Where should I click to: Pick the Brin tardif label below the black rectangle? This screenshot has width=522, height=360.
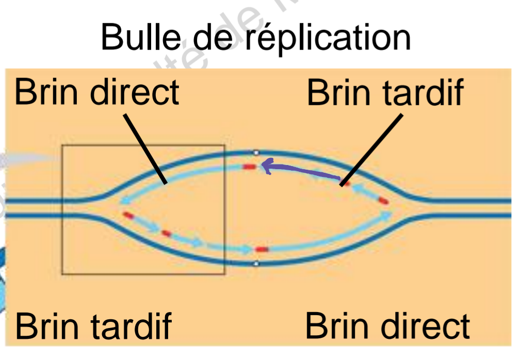click(93, 326)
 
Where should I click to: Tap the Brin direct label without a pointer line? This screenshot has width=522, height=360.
click(387, 326)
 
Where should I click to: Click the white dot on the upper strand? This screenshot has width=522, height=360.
click(256, 153)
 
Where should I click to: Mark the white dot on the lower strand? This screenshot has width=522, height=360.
click(256, 264)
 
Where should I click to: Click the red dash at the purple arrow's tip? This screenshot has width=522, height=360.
click(250, 167)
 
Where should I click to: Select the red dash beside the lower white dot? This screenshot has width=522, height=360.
click(263, 250)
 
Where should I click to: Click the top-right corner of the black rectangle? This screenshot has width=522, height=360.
click(224, 146)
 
